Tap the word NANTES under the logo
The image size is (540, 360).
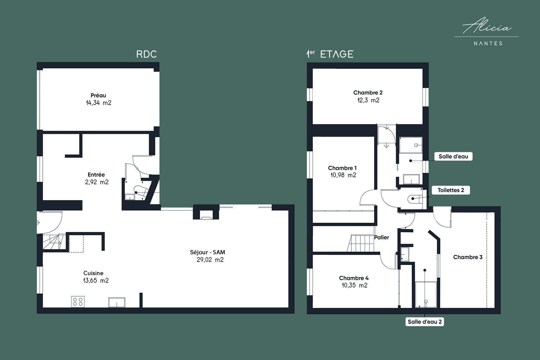(488, 44)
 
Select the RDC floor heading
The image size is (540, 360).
(146, 54)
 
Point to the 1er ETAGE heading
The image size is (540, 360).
(330, 54)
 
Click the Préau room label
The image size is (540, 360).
(98, 95)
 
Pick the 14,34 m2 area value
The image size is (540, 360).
(98, 103)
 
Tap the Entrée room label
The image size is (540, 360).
(96, 175)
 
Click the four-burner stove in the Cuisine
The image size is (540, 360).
(78, 301)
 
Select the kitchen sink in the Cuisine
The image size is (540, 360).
(117, 302)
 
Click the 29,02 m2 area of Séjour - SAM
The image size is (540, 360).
(210, 260)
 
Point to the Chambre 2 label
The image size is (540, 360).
(368, 93)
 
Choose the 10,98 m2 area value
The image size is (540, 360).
(343, 175)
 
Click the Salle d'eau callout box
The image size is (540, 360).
(453, 156)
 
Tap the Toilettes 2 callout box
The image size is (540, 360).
(451, 190)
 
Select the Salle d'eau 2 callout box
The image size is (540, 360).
(425, 322)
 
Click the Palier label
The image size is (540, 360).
(382, 237)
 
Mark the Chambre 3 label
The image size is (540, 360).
(468, 257)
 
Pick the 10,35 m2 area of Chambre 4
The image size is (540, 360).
(354, 285)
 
